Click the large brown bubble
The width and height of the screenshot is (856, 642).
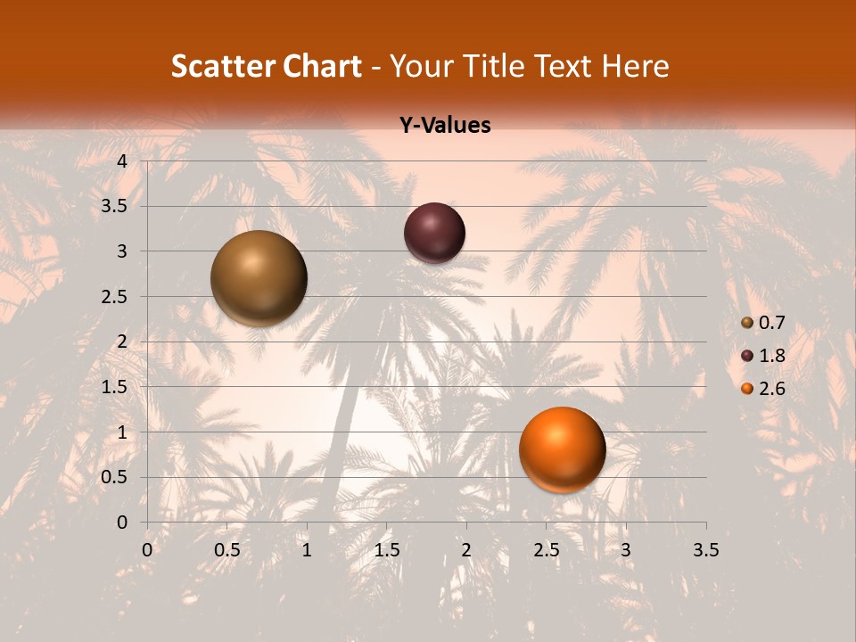click(x=259, y=278)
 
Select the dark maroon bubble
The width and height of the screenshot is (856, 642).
click(x=434, y=233)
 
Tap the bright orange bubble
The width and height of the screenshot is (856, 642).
click(x=562, y=449)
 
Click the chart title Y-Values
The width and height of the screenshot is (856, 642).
click(x=445, y=126)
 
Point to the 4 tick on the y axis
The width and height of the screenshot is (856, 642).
click(x=122, y=161)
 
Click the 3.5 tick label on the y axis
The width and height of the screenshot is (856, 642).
click(x=116, y=206)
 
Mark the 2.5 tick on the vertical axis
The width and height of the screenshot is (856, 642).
click(x=116, y=297)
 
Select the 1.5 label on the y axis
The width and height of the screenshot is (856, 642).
click(x=116, y=387)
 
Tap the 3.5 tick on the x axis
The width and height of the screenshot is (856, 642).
click(x=706, y=550)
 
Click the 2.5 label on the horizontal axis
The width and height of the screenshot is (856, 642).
click(x=546, y=550)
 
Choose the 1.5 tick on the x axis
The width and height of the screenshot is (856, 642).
click(x=387, y=550)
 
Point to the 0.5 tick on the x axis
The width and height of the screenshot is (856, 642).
click(x=226, y=550)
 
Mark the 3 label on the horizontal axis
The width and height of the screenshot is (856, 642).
click(x=626, y=550)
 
